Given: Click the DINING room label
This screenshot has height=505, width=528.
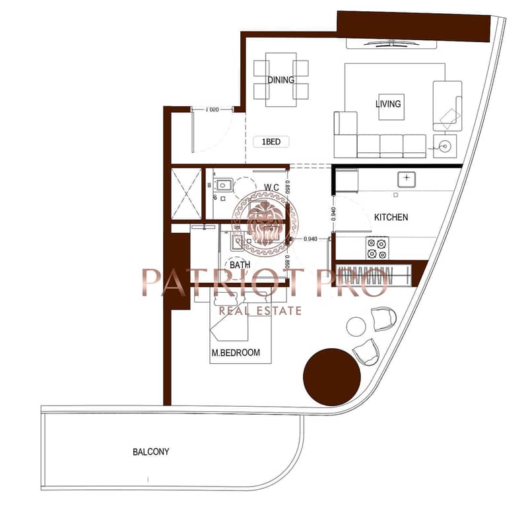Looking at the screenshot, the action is pyautogui.click(x=281, y=80).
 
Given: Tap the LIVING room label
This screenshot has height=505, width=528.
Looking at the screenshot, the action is pyautogui.click(x=388, y=104).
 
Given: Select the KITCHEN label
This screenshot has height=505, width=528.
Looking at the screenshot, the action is pyautogui.click(x=391, y=218).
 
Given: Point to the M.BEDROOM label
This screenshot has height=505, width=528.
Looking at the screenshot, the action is pyautogui.click(x=236, y=353).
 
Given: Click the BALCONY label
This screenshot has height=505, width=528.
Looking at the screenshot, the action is pyautogui.click(x=151, y=452).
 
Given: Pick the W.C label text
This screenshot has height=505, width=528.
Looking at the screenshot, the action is pyautogui.click(x=271, y=187).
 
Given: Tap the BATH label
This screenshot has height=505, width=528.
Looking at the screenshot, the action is pyautogui.click(x=240, y=265).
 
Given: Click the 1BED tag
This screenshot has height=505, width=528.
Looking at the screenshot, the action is pyautogui.click(x=271, y=142).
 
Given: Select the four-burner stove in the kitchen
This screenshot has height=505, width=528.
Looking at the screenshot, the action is pyautogui.click(x=377, y=248).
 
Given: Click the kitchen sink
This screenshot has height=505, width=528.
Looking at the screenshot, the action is pyautogui.click(x=407, y=179).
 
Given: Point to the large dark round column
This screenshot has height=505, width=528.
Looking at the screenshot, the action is pyautogui.click(x=332, y=377).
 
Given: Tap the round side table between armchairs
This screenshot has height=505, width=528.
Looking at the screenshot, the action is pyautogui.click(x=356, y=327).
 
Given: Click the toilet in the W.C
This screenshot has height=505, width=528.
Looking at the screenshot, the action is pyautogui.click(x=223, y=185).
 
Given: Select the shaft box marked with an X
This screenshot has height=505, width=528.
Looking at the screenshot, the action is pyautogui.click(x=186, y=194).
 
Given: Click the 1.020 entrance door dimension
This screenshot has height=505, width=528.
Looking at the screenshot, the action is pyautogui.click(x=212, y=109).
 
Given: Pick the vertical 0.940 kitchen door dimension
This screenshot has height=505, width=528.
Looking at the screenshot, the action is pyautogui.click(x=333, y=214).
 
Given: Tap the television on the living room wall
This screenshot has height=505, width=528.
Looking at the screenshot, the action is pyautogui.click(x=391, y=43).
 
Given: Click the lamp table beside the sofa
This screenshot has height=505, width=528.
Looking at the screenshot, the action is pyautogui.click(x=445, y=146).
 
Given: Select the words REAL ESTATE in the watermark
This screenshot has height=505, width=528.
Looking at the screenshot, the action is pyautogui.click(x=260, y=311).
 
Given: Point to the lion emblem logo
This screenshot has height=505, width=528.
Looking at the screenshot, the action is pyautogui.click(x=265, y=223).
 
